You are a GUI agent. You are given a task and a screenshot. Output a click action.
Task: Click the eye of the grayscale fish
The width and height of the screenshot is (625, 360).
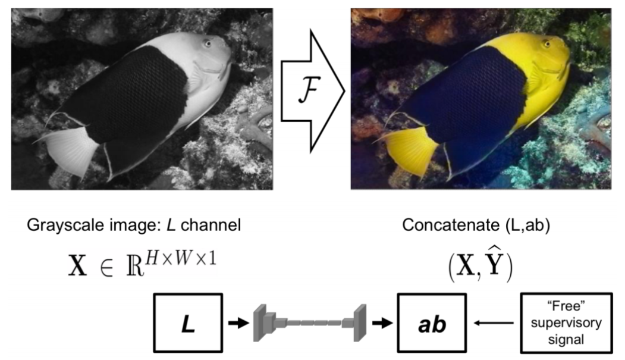coord(207,43)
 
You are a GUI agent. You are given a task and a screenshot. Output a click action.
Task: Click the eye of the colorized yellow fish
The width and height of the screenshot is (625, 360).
coord(547,43)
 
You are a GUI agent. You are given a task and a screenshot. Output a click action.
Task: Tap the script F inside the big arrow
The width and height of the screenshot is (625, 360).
coord(308,94)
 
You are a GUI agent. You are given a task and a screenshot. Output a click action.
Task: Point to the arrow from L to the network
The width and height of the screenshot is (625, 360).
coord(236,323)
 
